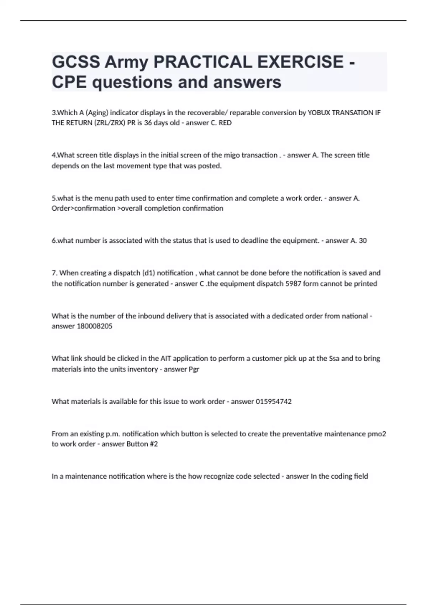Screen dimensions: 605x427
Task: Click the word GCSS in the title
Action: [76, 62]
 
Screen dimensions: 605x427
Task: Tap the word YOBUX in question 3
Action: [319, 113]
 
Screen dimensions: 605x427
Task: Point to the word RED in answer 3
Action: [225, 123]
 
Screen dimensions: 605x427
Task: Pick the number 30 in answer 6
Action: [363, 241]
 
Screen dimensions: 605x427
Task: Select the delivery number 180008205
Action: [95, 326]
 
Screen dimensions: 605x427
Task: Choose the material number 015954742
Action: [274, 402]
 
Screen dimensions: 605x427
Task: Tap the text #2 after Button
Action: [154, 444]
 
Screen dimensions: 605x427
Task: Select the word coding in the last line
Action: [341, 476]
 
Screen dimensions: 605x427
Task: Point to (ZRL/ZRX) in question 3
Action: [106, 123]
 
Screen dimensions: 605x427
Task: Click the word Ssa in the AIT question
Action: [334, 358]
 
